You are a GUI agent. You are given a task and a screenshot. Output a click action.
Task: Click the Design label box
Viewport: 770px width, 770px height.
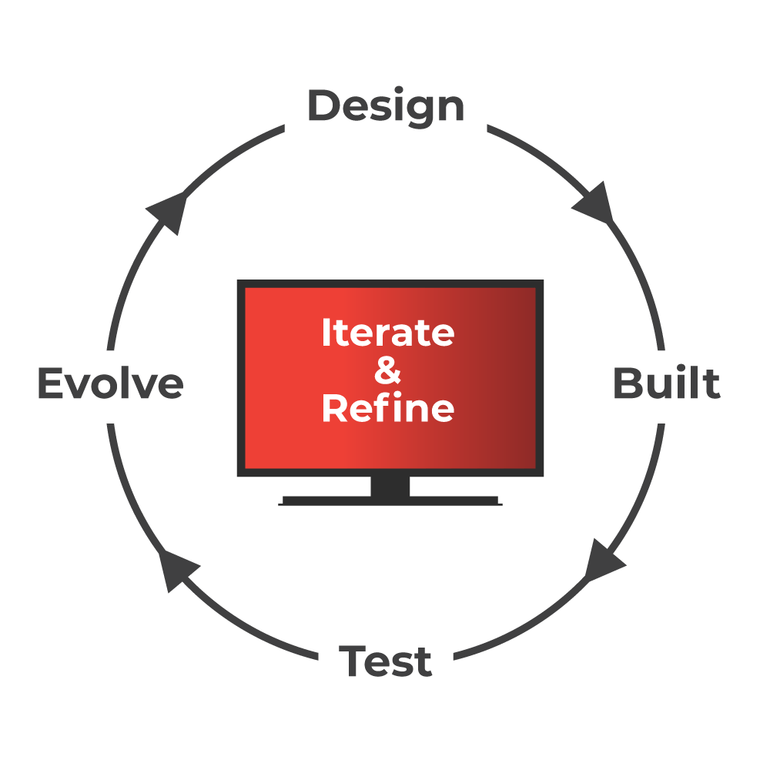pos(385,108)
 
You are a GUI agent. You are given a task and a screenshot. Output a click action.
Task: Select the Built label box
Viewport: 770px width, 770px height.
pos(666,386)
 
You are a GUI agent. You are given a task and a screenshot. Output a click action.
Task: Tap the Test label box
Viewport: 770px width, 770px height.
pos(385,661)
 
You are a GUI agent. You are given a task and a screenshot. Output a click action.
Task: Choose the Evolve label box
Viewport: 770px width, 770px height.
pos(111,386)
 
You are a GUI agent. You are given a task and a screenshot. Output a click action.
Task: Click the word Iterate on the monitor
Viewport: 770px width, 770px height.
pos(387,333)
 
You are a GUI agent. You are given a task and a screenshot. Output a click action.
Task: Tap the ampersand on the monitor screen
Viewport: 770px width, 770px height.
pos(387,371)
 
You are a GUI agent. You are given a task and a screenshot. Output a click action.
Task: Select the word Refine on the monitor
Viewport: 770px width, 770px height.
pos(387,408)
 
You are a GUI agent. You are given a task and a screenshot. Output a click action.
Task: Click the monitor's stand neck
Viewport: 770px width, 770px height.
pos(390,487)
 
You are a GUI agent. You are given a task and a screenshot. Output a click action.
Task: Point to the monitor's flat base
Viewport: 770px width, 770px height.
pos(390,501)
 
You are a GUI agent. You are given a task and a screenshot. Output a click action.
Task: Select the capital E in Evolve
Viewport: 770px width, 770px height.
pos(49,383)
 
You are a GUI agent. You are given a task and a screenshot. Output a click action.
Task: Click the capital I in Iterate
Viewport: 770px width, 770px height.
pos(326,333)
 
